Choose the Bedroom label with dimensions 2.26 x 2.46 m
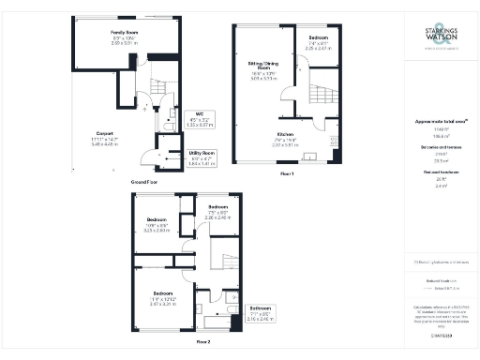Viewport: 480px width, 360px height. (x=217, y=210)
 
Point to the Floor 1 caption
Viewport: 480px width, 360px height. (x=287, y=173)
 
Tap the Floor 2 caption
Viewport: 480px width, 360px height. (x=202, y=343)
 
